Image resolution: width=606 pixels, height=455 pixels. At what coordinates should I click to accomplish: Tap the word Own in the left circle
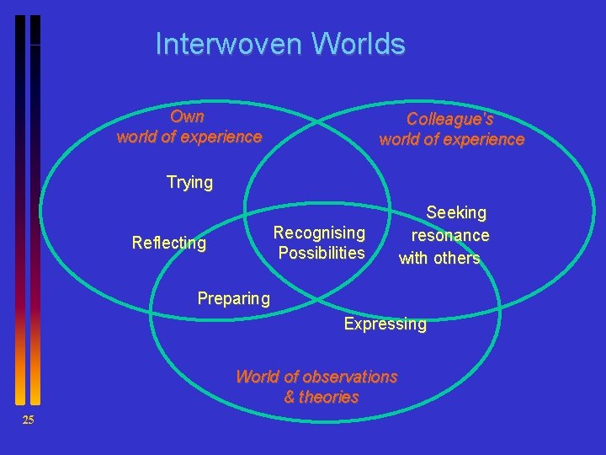(x=187, y=116)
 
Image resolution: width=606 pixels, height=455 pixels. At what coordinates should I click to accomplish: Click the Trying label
(x=189, y=183)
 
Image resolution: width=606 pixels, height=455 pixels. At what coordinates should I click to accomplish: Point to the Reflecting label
(x=169, y=244)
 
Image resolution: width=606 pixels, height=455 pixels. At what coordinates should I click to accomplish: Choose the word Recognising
(x=320, y=233)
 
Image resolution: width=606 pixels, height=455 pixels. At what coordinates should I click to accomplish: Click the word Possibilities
(x=322, y=253)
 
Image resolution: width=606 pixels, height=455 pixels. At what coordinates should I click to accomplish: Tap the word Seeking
(x=456, y=213)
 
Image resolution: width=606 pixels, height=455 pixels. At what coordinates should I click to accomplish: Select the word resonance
(x=450, y=236)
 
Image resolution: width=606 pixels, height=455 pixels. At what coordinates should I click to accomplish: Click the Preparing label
(x=233, y=298)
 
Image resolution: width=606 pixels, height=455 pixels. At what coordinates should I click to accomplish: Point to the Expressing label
(x=385, y=324)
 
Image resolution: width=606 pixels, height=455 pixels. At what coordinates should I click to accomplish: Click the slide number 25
(x=28, y=420)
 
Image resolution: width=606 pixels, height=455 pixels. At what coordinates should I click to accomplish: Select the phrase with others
(x=439, y=259)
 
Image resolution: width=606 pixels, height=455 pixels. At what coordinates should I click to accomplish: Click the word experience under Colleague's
(x=483, y=140)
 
